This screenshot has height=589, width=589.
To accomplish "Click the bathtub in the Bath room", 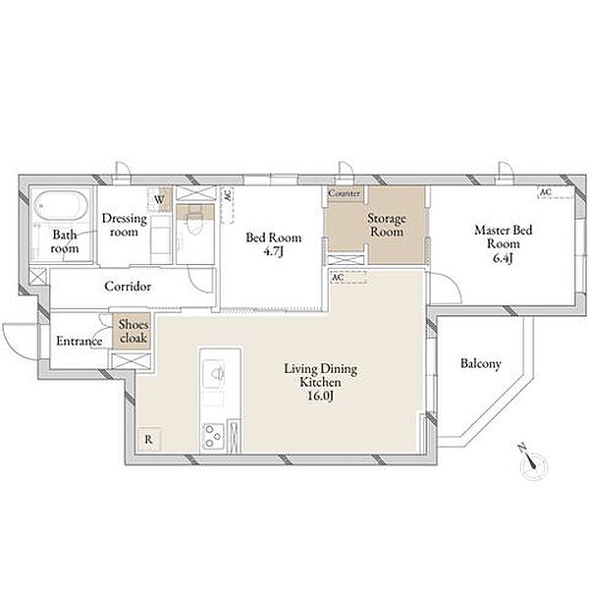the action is [x=61, y=206].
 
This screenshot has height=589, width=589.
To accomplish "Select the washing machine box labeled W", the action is [x=160, y=199].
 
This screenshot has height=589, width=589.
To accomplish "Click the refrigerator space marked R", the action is [x=149, y=439].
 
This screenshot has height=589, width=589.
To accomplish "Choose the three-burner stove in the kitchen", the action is [x=214, y=436].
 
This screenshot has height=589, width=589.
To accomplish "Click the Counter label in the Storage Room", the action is [x=345, y=193].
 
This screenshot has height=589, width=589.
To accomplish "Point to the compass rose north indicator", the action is [x=532, y=462].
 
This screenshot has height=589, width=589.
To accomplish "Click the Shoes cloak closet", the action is [x=133, y=332].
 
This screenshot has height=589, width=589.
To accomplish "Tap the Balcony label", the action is [x=480, y=363].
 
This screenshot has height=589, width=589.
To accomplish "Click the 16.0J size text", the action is [x=320, y=396].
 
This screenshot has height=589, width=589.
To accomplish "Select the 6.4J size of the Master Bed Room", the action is [x=503, y=258].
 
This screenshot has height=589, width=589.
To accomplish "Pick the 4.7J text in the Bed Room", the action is [x=273, y=251].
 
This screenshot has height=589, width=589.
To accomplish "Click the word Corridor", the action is [x=128, y=287].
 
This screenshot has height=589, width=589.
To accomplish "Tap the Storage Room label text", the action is [x=387, y=225].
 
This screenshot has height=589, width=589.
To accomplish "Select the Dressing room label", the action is [x=124, y=225].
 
